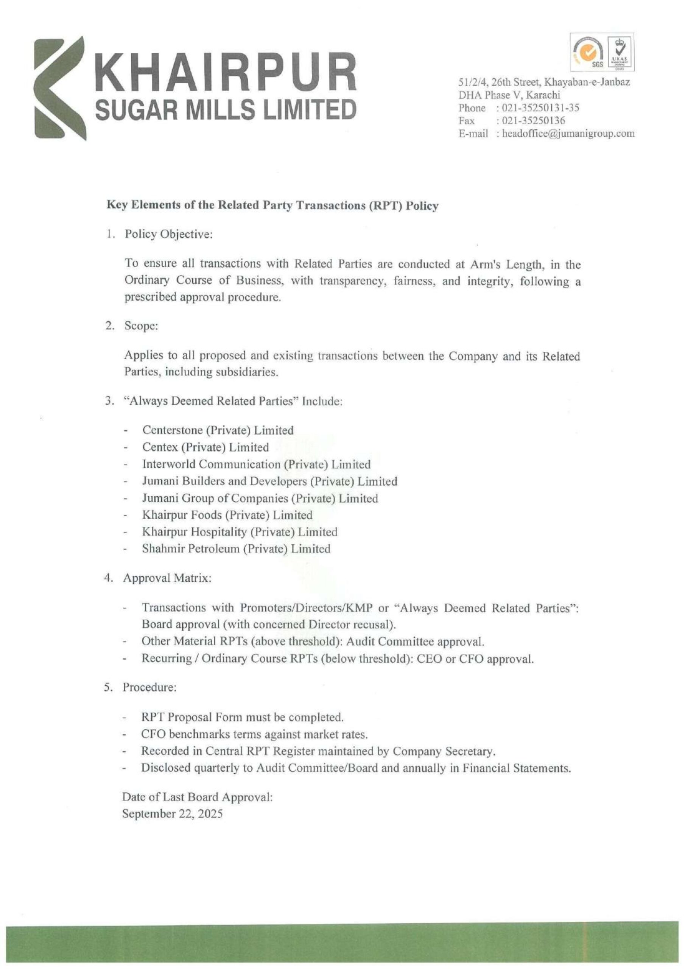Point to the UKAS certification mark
click(621, 53)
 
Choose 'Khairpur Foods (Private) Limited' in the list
click(227, 515)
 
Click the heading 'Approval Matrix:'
click(167, 578)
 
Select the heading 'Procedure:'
click(149, 687)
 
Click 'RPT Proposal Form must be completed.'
click(243, 717)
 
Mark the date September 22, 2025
click(172, 814)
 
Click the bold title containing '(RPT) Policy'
click(272, 206)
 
